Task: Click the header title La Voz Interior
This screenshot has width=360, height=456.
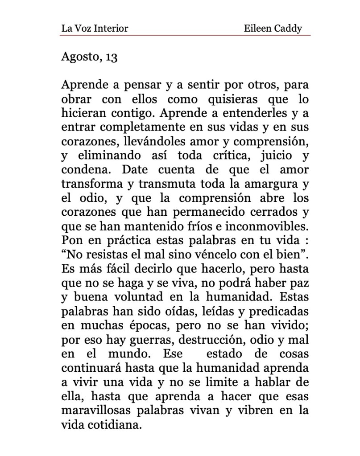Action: click(95, 29)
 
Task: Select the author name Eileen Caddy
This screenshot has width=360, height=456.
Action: click(273, 29)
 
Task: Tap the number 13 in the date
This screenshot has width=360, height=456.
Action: click(111, 58)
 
